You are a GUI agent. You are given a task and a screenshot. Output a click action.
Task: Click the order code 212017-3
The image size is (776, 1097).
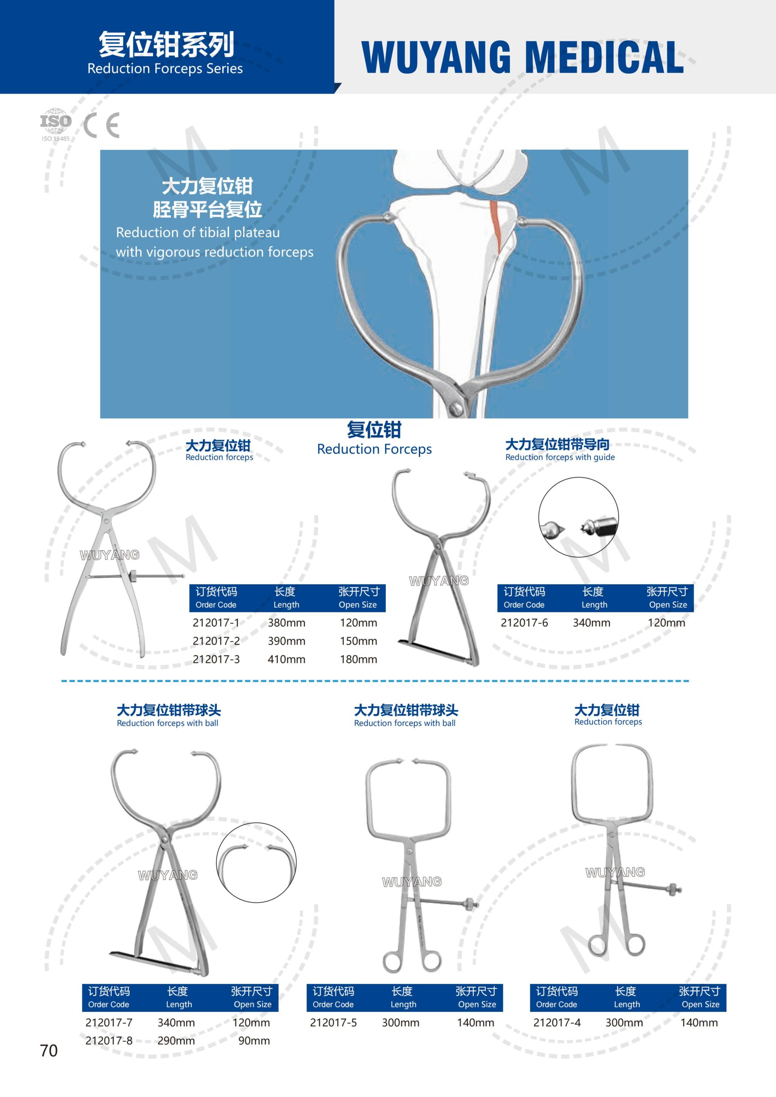pos(216,659)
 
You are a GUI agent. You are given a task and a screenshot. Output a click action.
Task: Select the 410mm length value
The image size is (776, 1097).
pos(286,659)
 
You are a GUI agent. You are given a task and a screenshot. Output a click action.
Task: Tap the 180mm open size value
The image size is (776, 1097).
pos(358,659)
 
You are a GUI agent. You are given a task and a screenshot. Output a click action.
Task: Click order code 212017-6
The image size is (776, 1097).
pos(524,623)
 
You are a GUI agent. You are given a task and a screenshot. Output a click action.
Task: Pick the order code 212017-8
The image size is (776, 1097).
pos(109,1040)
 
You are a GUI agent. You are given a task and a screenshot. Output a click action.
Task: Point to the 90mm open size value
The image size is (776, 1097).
pos(254,1040)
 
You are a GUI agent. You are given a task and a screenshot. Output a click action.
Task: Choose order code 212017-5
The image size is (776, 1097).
pos(333,1022)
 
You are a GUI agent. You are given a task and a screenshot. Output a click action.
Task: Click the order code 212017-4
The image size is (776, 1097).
pos(557,1022)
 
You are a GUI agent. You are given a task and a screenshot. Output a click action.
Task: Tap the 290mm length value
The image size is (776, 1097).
pos(176,1040)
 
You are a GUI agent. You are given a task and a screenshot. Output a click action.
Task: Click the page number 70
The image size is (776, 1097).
pos(49,1051)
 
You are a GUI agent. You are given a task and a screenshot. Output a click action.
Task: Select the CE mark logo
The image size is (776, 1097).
pos(101,125)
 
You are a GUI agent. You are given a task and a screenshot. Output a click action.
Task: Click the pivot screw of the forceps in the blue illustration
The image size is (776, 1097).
pos(457,408)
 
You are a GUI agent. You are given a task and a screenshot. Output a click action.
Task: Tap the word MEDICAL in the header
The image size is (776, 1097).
pos(605,57)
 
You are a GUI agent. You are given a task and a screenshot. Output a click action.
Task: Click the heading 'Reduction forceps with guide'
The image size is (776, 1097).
pos(560,457)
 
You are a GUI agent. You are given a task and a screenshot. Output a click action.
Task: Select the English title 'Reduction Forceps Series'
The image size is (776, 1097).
pos(165,69)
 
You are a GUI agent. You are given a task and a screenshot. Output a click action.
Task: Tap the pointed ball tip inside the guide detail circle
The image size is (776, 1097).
pos(553,530)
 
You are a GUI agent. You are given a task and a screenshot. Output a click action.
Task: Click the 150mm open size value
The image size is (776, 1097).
pos(358,641)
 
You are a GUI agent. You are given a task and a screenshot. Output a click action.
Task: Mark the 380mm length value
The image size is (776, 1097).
pos(286,623)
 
